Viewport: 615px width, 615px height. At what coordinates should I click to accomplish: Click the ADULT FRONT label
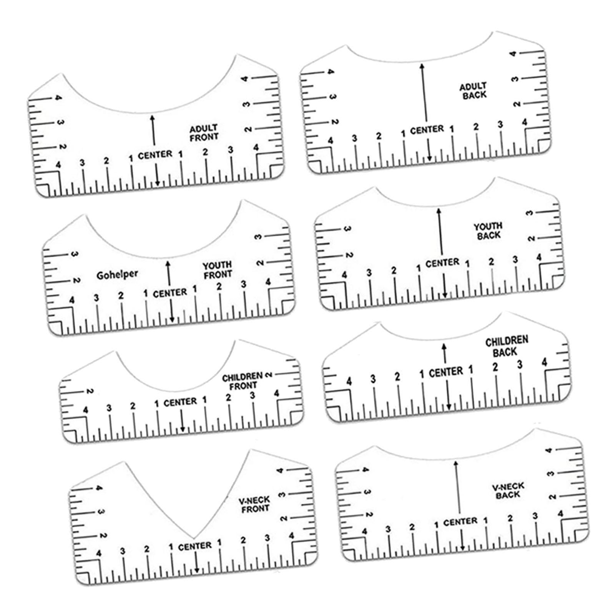pos(204,132)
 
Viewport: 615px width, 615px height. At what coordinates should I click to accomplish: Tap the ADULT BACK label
pos(474,91)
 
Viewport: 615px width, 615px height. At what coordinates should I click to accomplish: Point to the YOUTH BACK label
pos(488,231)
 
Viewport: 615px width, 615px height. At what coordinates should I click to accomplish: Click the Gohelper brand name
pos(117,274)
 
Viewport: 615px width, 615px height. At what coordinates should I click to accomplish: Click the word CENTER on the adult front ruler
pos(155,155)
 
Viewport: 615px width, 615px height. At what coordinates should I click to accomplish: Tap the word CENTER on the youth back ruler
pos(442,263)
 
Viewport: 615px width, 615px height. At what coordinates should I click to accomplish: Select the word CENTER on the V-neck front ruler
pos(195,546)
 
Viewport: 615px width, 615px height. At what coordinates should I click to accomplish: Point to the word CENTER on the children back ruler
pos(446,372)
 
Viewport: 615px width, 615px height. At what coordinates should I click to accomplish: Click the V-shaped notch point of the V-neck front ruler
pos(193,538)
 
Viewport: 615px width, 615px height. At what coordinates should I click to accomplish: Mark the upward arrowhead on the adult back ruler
pos(422,66)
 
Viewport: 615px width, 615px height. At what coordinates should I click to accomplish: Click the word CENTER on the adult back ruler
pos(427,130)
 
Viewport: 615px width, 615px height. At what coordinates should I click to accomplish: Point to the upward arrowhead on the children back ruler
pos(445,346)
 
